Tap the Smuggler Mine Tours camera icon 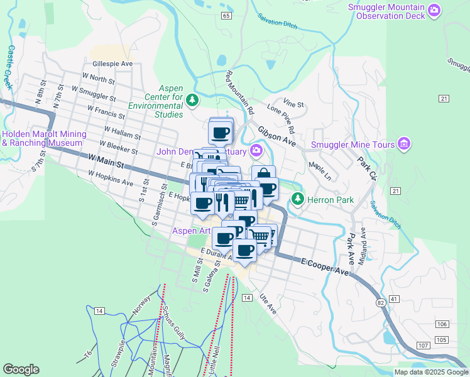[x=405, y=145]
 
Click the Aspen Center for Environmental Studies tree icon [x=194, y=100]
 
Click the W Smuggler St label [x=94, y=94]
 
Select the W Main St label [x=106, y=165]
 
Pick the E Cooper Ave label [x=324, y=265]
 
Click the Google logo [x=21, y=369]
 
